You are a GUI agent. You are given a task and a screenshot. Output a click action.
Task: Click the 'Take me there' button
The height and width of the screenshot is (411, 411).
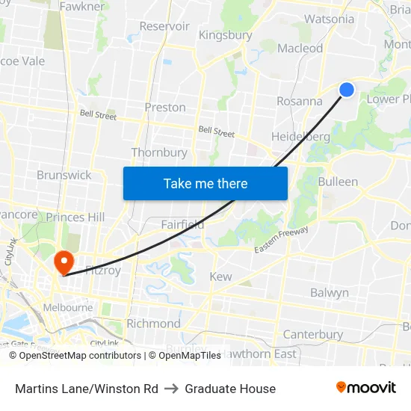(205, 183)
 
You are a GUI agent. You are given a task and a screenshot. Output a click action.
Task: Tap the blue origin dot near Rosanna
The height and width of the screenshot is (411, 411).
(347, 90)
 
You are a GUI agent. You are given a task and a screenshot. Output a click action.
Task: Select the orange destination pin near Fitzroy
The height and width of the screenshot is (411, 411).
(64, 262)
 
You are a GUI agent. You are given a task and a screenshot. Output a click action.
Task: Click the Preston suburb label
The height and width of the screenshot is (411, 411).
(165, 107)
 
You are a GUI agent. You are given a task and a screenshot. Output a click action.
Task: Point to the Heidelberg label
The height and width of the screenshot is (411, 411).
(300, 137)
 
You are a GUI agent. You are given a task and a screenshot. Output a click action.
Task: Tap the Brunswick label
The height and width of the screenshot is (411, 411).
(64, 175)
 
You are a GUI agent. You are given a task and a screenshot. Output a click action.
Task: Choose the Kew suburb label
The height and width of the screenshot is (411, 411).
(220, 276)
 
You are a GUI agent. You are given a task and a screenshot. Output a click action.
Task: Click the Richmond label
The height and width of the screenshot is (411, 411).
(153, 324)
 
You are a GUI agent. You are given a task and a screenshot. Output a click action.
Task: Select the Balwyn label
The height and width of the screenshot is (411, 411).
(330, 293)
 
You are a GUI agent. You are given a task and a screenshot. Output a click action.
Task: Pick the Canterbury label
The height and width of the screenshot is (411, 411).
(313, 334)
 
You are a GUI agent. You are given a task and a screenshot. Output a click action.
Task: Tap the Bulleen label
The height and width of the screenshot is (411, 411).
(338, 182)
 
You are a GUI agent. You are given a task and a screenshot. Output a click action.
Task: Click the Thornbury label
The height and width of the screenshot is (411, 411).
(159, 152)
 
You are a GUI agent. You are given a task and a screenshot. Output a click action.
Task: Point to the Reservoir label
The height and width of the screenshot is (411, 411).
(164, 26)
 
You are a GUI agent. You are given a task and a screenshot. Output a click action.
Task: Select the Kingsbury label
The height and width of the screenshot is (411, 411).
(225, 35)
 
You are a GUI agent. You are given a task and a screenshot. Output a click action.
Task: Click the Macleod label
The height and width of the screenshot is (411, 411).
(300, 49)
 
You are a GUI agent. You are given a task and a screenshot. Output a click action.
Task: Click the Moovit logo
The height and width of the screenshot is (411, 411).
(365, 387)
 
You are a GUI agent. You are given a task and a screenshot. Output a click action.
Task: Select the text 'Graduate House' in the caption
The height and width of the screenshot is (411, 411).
(230, 389)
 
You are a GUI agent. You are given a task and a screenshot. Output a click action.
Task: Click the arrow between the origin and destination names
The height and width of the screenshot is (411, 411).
(172, 389)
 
